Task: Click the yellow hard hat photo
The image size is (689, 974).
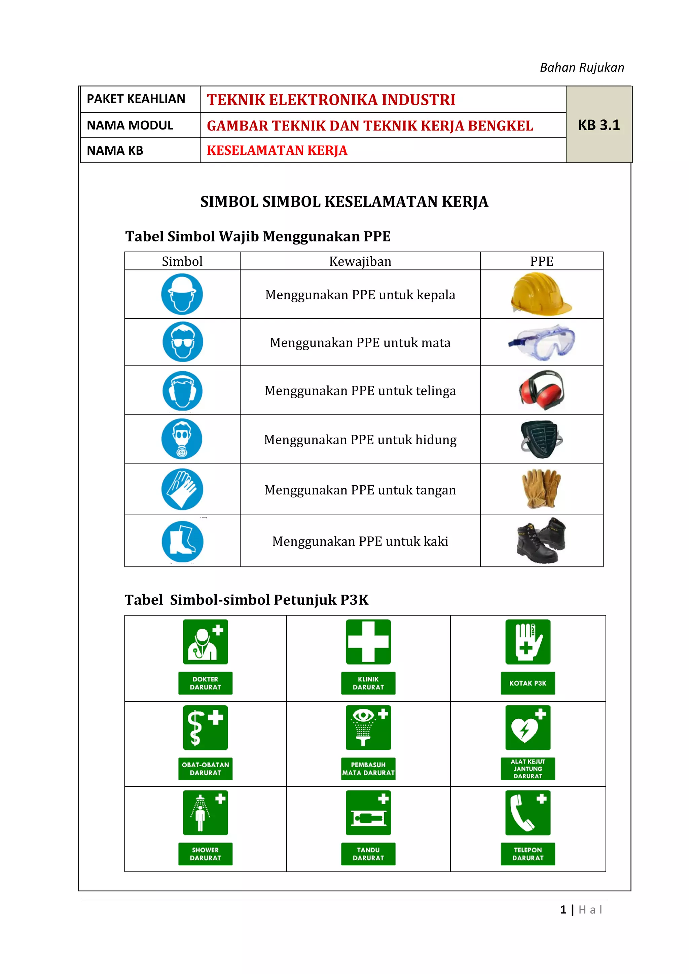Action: [x=541, y=294]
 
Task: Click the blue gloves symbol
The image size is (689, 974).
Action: [x=182, y=489]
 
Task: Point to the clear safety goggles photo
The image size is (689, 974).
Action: [x=542, y=342]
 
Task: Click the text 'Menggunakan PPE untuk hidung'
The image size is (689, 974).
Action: [x=360, y=440]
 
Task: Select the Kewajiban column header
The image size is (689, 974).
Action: [x=360, y=261]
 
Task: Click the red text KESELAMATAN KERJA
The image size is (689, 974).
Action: [x=277, y=150]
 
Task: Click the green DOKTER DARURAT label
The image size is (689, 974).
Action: [x=205, y=683]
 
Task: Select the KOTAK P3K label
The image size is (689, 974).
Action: [x=528, y=683]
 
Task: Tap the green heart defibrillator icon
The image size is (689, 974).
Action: [x=528, y=727]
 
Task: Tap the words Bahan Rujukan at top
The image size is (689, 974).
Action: [x=582, y=68]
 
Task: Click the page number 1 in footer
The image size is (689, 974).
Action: [x=563, y=909]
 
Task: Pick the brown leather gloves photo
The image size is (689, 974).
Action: [x=541, y=489]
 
